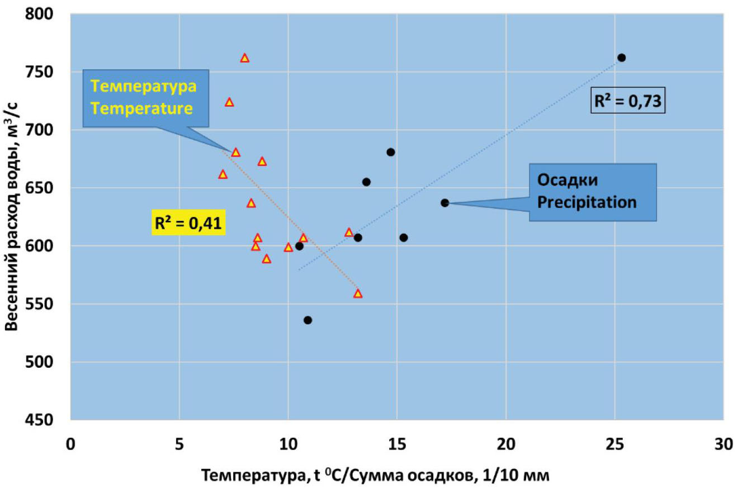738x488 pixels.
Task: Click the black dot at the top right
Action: point(621,58)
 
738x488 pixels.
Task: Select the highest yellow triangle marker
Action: point(244,58)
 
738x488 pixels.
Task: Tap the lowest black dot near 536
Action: point(307,320)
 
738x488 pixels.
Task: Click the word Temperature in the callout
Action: point(139,108)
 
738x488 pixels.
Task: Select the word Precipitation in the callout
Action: point(586,202)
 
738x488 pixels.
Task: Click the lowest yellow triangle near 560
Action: point(358,293)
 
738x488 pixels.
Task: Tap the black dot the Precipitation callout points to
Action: point(445,202)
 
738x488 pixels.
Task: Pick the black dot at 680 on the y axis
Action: point(391,152)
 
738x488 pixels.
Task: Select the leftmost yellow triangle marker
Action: point(223,174)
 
